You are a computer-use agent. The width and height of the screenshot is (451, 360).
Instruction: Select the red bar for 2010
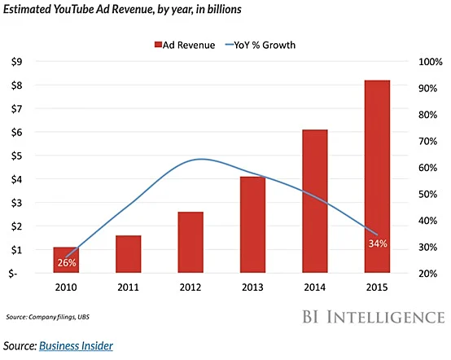pyautogui.click(x=66, y=260)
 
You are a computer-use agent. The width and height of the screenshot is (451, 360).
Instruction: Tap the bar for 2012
pyautogui.click(x=190, y=242)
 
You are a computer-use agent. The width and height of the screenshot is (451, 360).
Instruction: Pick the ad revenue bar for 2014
pyautogui.click(x=315, y=201)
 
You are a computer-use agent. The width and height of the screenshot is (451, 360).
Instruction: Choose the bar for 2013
pyautogui.click(x=253, y=225)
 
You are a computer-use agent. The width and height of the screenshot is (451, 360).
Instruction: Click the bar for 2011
pyautogui.click(x=129, y=254)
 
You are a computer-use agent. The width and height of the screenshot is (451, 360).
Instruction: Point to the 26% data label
pyautogui.click(x=66, y=263)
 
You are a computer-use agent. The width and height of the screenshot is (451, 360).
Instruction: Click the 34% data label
pyautogui.click(x=377, y=244)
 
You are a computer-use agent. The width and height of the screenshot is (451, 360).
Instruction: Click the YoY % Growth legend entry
pyautogui.click(x=260, y=45)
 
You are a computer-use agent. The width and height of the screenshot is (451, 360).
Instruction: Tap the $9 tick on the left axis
pyautogui.click(x=27, y=61)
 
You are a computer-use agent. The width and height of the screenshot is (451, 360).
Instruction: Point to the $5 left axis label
pyautogui.click(x=27, y=156)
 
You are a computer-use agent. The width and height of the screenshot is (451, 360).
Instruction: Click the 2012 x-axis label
pyautogui.click(x=190, y=288)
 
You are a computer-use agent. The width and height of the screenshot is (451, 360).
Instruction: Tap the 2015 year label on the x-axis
pyautogui.click(x=377, y=288)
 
